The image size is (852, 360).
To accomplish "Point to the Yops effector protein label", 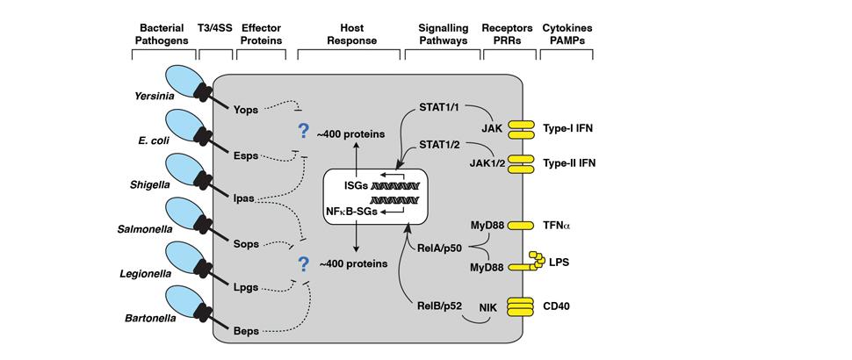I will pos(247,112).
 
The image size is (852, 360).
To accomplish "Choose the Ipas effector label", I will pos(244,198).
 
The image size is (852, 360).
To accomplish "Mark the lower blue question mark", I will pos(304,264).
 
